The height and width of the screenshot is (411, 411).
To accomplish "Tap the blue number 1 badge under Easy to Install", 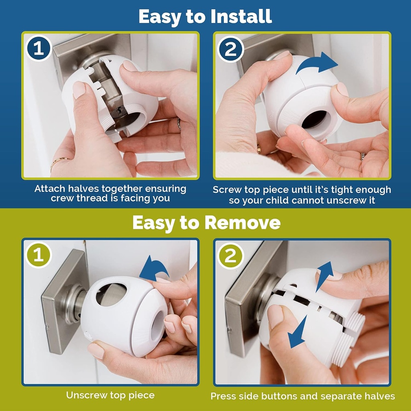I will pos(39,49).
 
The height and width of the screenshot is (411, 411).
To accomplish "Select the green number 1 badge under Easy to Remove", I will pos(39,255).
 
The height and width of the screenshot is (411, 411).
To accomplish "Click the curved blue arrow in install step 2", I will pos(317,64).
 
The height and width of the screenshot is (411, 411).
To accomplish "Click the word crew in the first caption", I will pos(63,199).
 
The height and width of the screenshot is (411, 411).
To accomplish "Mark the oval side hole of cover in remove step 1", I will pos(111,294).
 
